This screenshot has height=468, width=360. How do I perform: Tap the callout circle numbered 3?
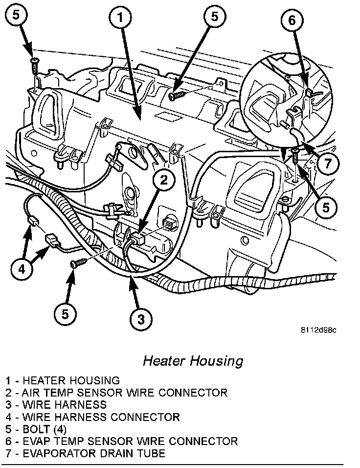click(140, 320)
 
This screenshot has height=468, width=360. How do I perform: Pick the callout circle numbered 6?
click(292, 21)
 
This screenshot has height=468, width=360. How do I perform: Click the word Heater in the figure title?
click(165, 361)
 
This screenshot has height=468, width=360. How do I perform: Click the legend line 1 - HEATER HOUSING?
click(63, 380)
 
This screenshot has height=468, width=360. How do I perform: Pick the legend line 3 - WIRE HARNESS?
click(56, 405)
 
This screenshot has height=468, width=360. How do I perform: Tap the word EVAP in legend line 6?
click(36, 442)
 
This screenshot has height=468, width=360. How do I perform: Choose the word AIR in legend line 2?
click(31, 393)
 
